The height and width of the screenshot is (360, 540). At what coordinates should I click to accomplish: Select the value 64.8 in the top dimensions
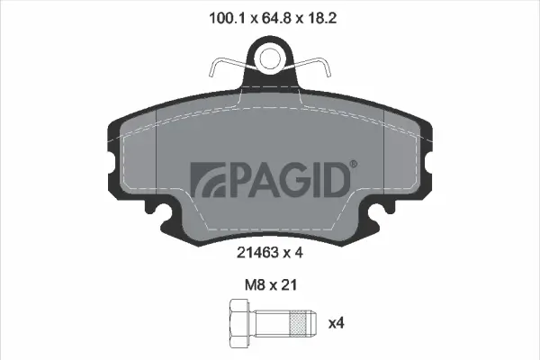point(269,16)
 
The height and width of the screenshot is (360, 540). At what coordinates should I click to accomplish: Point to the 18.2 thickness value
point(317,16)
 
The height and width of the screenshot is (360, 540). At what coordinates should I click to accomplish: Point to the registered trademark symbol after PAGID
point(353,164)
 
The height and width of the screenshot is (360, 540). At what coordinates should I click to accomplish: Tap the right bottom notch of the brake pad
point(375,216)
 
